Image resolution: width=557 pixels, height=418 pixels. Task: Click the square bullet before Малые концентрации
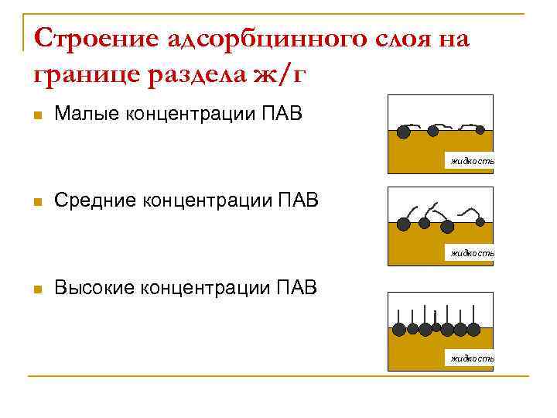(x=37, y=115)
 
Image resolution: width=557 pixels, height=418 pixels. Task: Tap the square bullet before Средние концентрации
(x=37, y=203)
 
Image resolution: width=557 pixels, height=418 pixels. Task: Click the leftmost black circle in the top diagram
(x=404, y=131)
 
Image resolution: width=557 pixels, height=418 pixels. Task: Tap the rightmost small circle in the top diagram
(x=480, y=128)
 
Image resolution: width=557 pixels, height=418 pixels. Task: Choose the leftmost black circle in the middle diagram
(x=403, y=224)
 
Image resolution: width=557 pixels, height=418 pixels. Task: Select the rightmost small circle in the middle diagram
(x=480, y=222)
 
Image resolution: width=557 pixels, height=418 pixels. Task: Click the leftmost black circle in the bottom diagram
(x=398, y=330)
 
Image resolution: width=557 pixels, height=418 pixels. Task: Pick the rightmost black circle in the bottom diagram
(x=484, y=329)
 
